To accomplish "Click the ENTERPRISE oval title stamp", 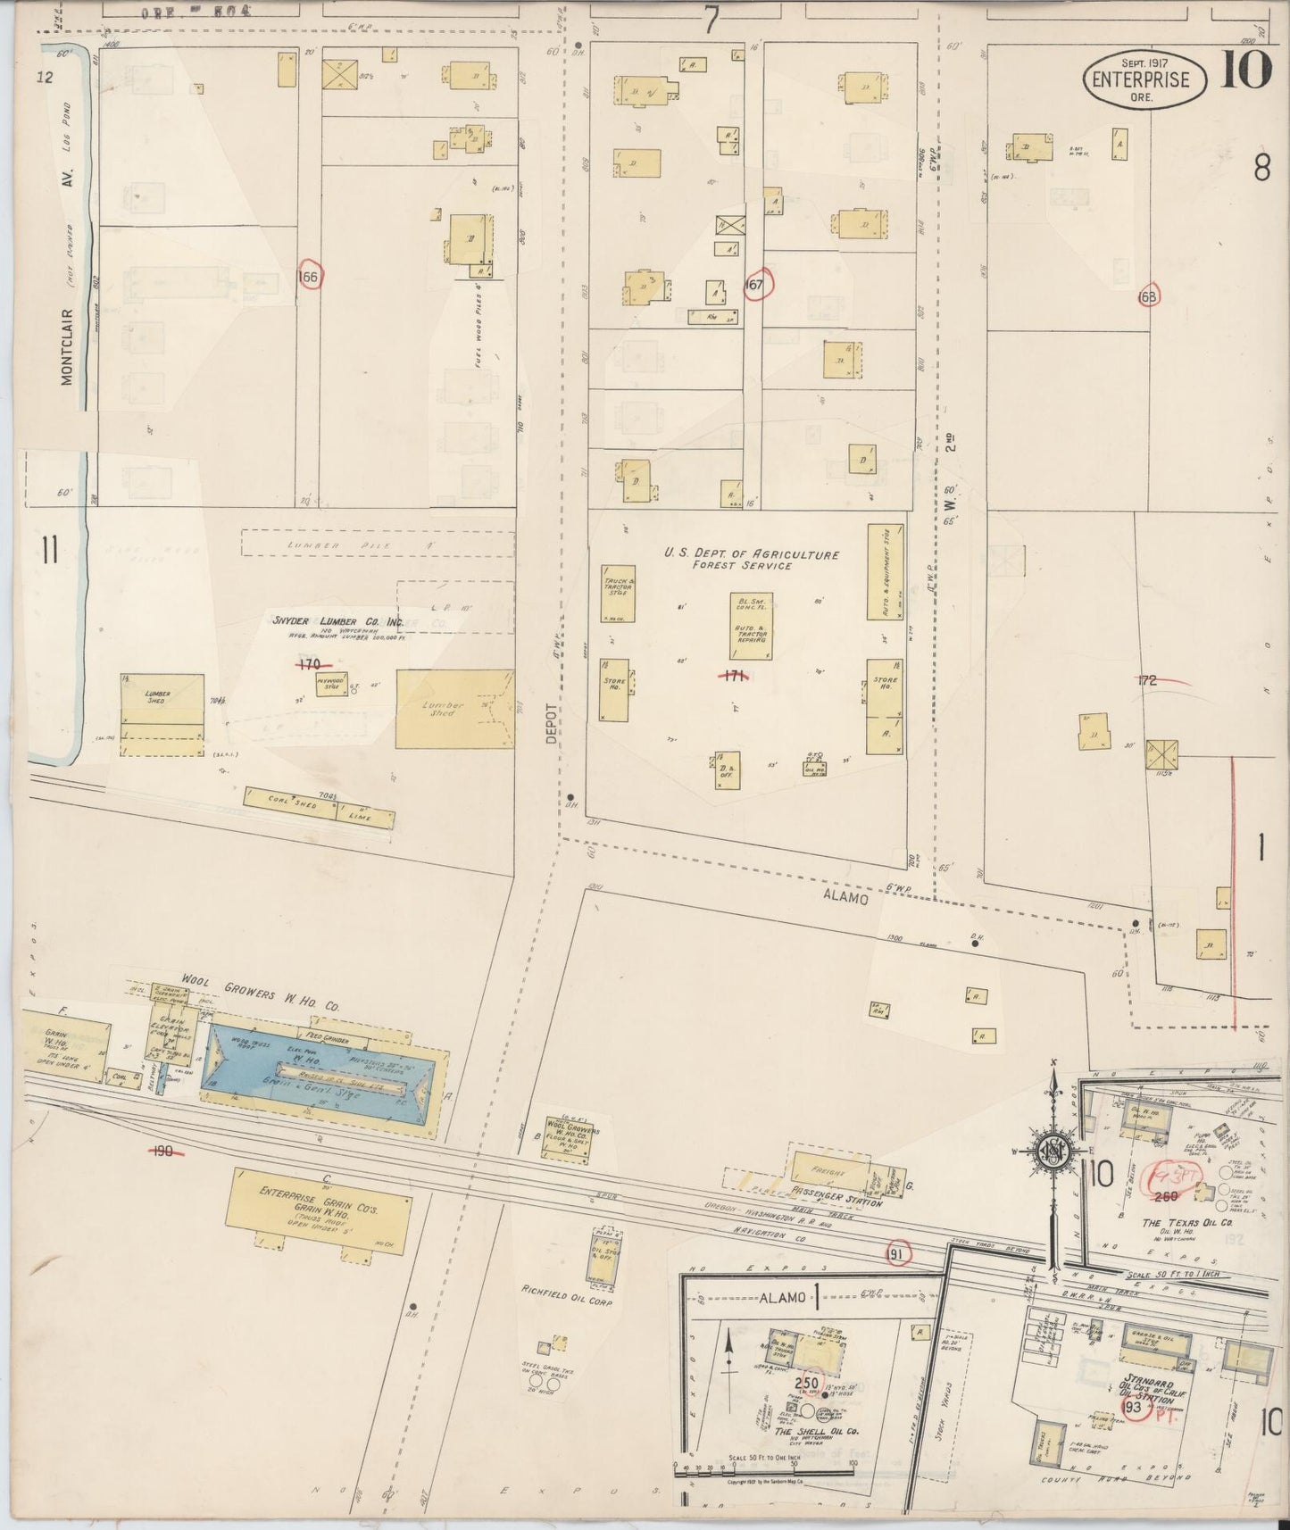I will click(x=1144, y=79).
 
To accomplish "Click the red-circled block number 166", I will click(x=308, y=277).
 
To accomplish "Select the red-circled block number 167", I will click(x=757, y=285).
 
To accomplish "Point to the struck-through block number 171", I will click(x=733, y=676).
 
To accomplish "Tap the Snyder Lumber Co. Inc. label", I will click(x=338, y=621).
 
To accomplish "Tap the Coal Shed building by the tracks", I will click(x=291, y=801).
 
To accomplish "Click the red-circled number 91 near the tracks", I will click(x=898, y=1253).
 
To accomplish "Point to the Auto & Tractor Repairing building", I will click(x=751, y=627).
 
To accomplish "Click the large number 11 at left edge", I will click(x=49, y=551).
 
